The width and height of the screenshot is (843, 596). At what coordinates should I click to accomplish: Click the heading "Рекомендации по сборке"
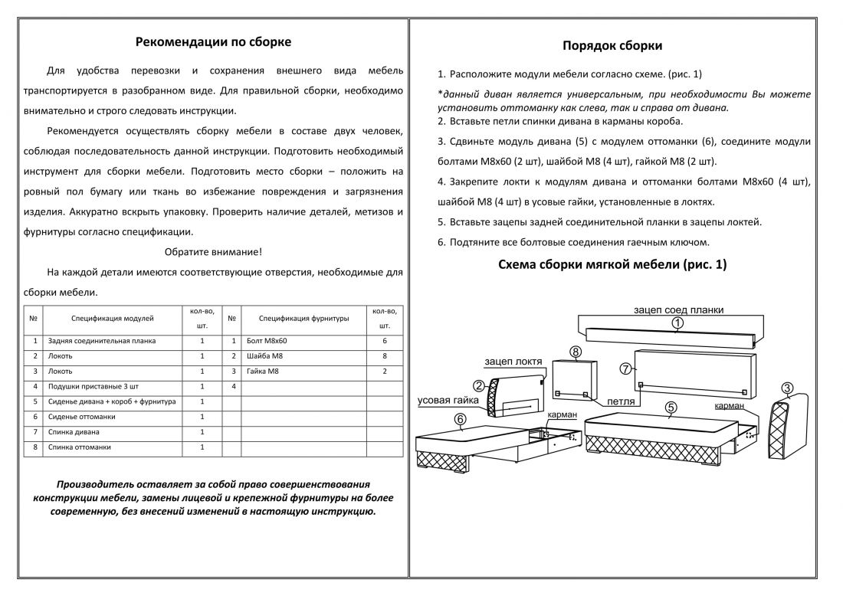213,42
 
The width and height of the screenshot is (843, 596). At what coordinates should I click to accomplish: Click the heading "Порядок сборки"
612,46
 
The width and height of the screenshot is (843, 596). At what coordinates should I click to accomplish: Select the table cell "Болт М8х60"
267,341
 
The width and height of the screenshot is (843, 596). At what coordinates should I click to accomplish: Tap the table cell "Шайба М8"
265,356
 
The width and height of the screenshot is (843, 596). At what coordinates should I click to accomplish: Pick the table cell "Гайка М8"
264,372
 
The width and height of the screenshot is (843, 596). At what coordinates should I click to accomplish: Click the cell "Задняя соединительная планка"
101,341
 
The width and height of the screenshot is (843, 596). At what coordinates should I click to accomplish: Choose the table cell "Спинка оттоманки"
80,447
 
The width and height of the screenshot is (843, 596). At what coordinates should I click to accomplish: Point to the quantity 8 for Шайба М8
385,356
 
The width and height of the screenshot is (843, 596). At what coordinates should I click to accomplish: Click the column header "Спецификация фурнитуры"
303,318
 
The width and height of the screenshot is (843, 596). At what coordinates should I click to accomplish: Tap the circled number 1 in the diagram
677,325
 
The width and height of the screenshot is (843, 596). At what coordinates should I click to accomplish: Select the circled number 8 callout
576,352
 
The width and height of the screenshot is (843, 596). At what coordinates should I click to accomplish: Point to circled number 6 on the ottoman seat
460,419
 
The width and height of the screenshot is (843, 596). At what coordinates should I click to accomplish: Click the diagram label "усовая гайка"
448,400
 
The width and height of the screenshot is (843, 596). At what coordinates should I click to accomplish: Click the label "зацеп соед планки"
678,309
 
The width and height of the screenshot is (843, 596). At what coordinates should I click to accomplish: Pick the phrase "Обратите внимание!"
213,251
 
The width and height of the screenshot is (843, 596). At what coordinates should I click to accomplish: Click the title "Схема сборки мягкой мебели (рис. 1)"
612,265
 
